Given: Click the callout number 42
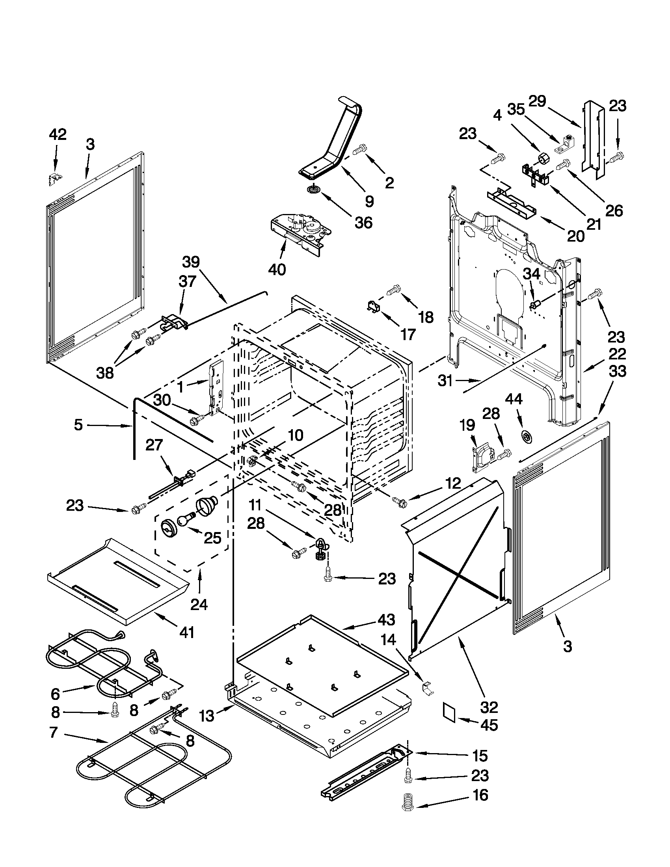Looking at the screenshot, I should [x=58, y=135].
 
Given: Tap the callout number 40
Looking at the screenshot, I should [x=277, y=270].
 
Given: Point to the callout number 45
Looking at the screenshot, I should [x=489, y=725].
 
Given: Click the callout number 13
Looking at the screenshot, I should [x=207, y=716].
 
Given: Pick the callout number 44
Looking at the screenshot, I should [x=513, y=398].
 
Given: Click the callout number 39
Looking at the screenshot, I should [x=191, y=262].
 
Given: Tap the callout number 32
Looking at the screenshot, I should [x=489, y=707].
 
